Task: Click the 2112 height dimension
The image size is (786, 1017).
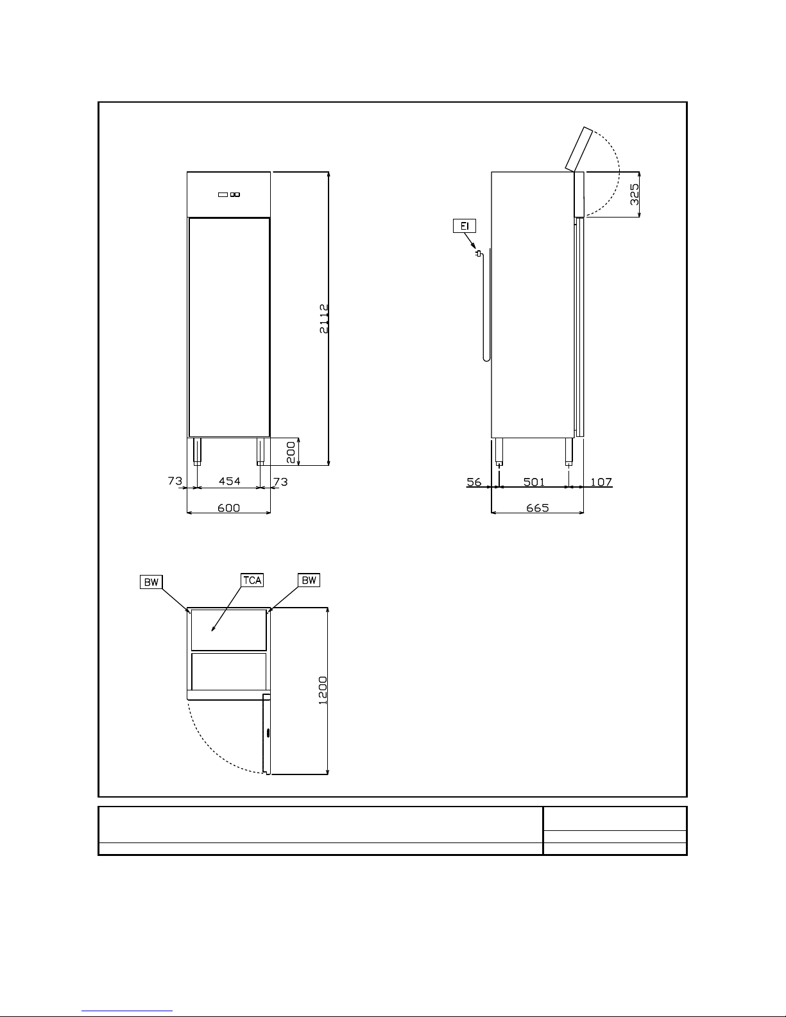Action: pos(324,318)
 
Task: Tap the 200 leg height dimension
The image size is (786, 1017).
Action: pos(291,452)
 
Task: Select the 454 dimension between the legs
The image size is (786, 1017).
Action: pos(229,481)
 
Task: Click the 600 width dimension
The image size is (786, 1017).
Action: pos(228,508)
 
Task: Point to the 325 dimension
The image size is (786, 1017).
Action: pos(635,194)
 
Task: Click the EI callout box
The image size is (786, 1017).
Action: pos(465,226)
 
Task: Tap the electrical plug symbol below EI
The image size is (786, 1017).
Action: pos(478,253)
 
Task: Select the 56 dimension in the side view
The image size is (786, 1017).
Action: pos(474,482)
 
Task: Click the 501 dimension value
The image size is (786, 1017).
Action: pos(534,482)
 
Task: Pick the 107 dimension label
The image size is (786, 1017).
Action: pos(601,482)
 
